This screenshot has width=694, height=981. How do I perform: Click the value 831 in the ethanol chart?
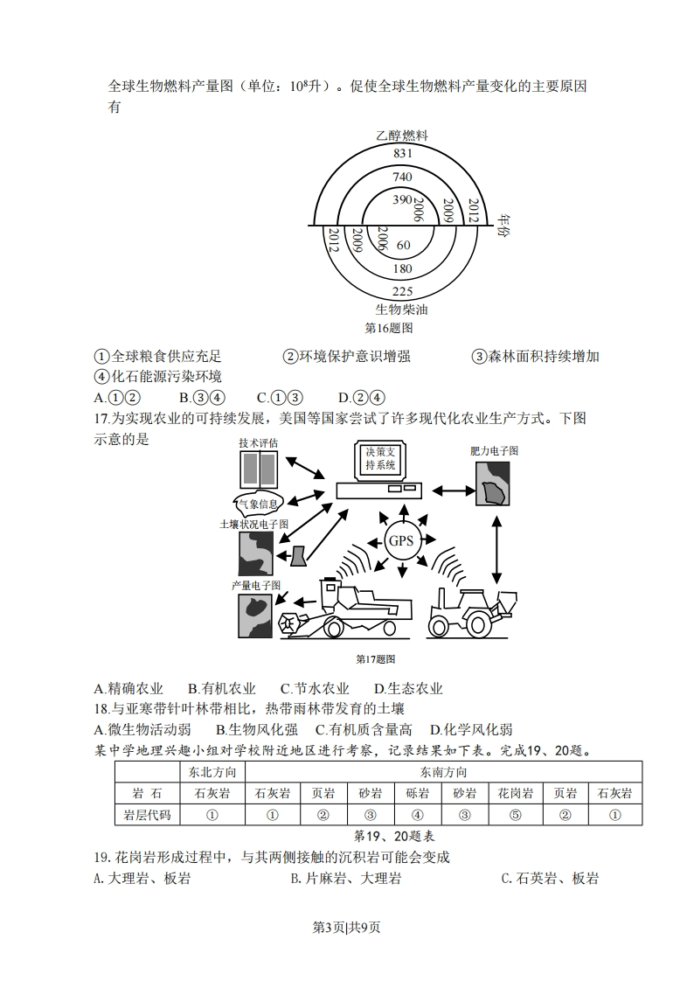(x=402, y=153)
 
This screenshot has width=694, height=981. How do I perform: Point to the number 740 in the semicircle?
(x=402, y=177)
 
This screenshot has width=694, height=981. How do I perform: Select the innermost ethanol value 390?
(x=401, y=200)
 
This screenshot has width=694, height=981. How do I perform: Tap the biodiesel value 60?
(x=403, y=245)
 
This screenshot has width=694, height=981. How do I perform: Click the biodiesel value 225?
(x=402, y=291)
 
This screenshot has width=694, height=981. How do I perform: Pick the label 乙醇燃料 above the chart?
(x=402, y=136)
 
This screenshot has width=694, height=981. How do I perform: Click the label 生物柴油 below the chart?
(x=402, y=309)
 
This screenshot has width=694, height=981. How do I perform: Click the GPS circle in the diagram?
(x=401, y=540)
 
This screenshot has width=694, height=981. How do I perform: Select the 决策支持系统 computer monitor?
(x=381, y=461)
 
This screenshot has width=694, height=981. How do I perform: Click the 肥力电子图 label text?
(x=494, y=451)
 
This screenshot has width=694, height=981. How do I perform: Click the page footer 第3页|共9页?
(x=347, y=928)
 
